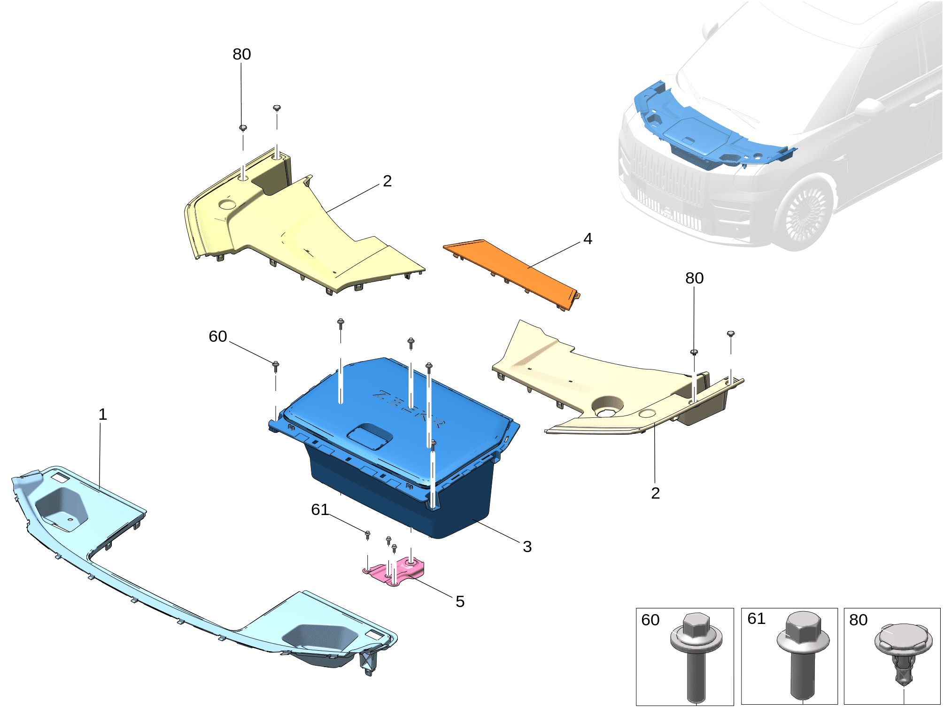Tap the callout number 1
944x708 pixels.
click(103, 414)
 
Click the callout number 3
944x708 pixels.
click(527, 546)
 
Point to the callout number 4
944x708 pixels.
click(588, 239)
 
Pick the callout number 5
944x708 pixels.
click(460, 601)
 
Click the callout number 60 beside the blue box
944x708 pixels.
click(218, 336)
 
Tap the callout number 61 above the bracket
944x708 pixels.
click(320, 509)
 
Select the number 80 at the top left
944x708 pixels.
click(242, 54)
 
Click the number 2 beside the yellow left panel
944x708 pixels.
click(387, 181)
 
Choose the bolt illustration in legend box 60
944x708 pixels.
click(696, 657)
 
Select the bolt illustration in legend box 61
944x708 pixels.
click(804, 655)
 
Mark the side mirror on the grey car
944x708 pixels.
click(869, 108)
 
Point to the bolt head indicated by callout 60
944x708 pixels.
click(276, 364)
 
